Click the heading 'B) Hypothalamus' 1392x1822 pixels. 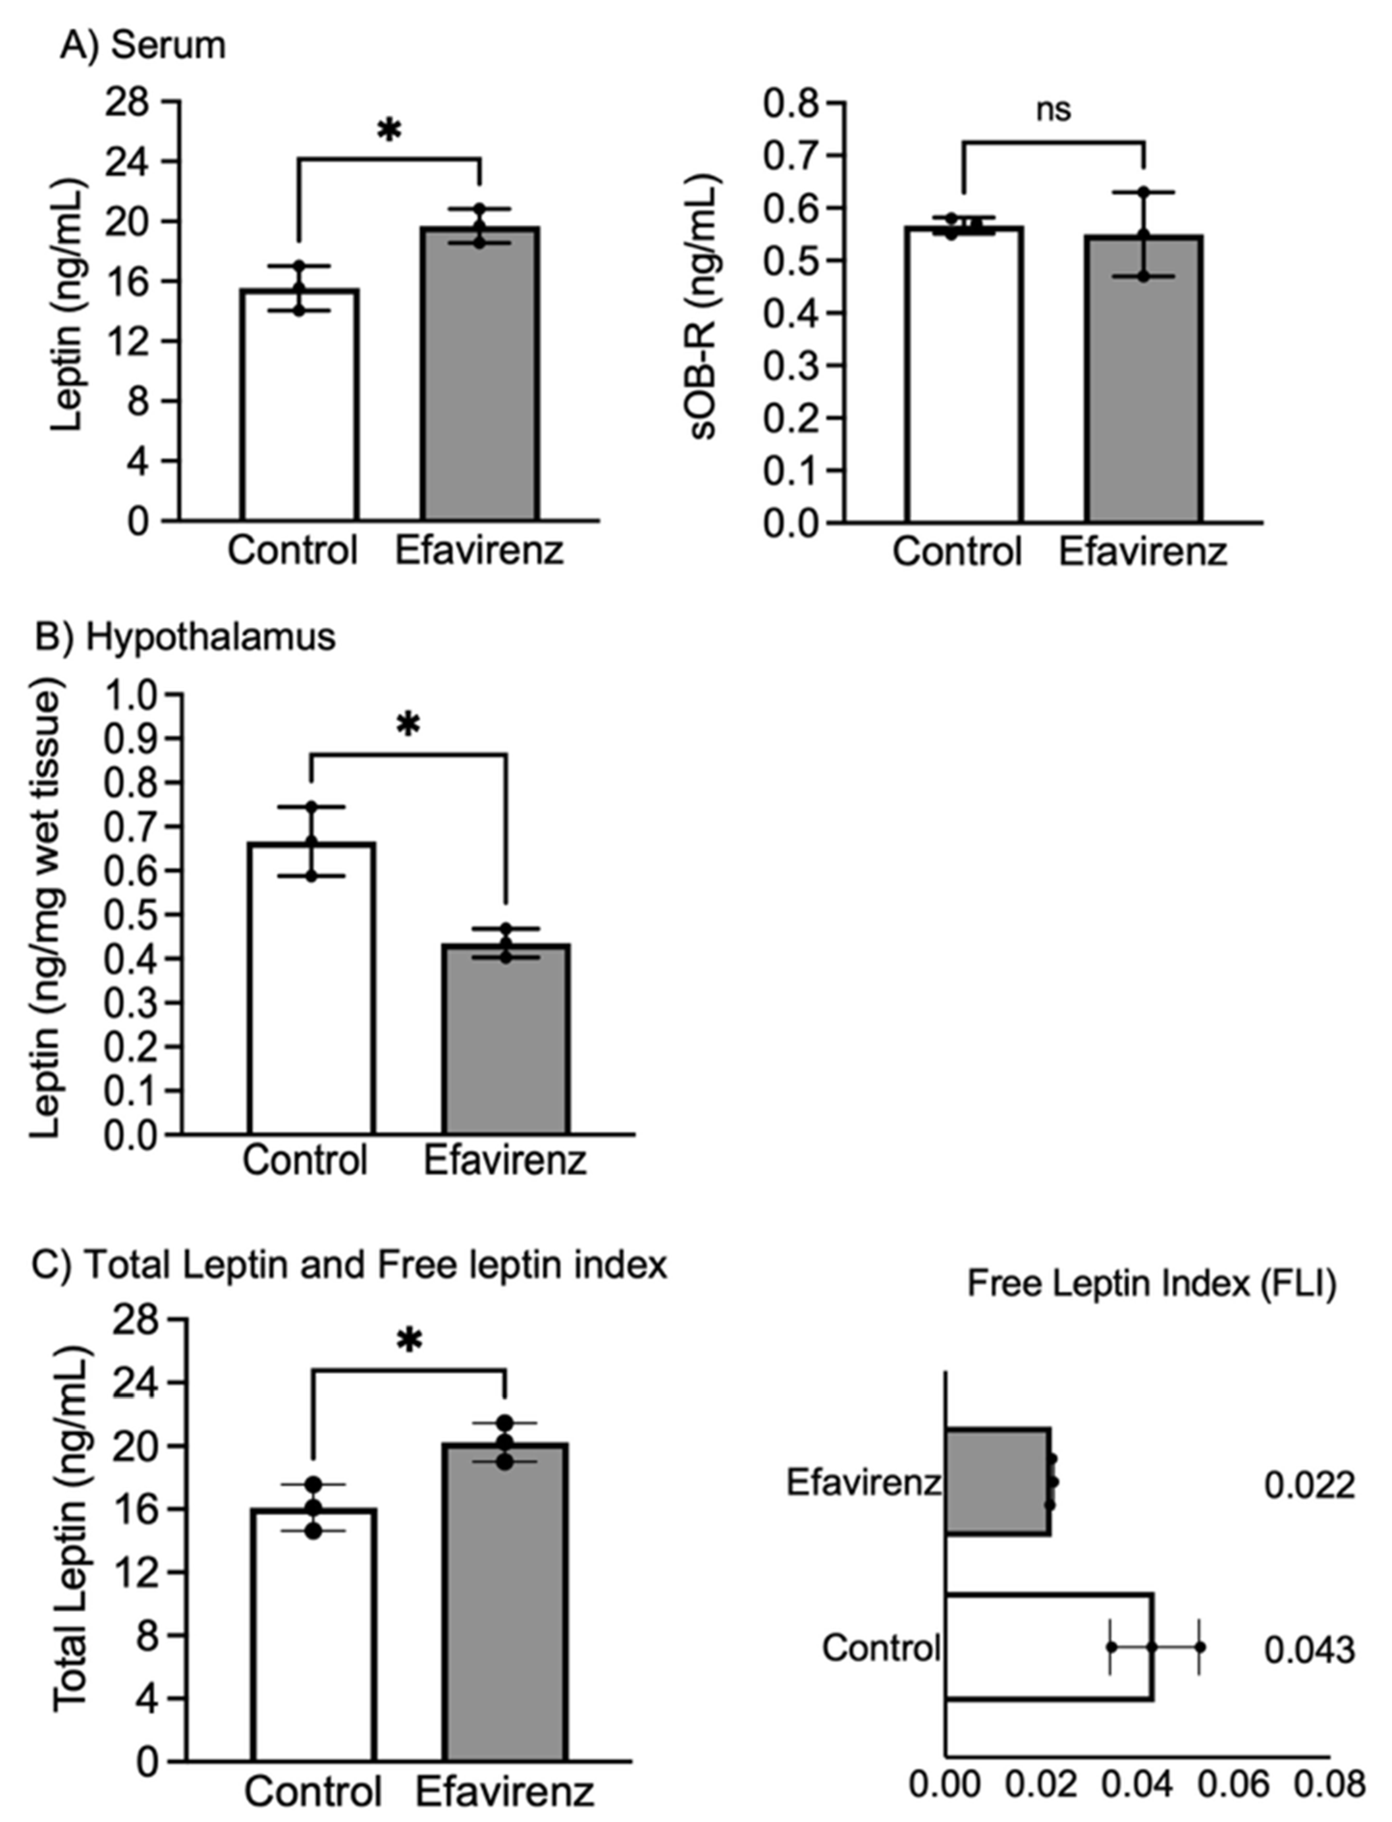pos(184,637)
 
